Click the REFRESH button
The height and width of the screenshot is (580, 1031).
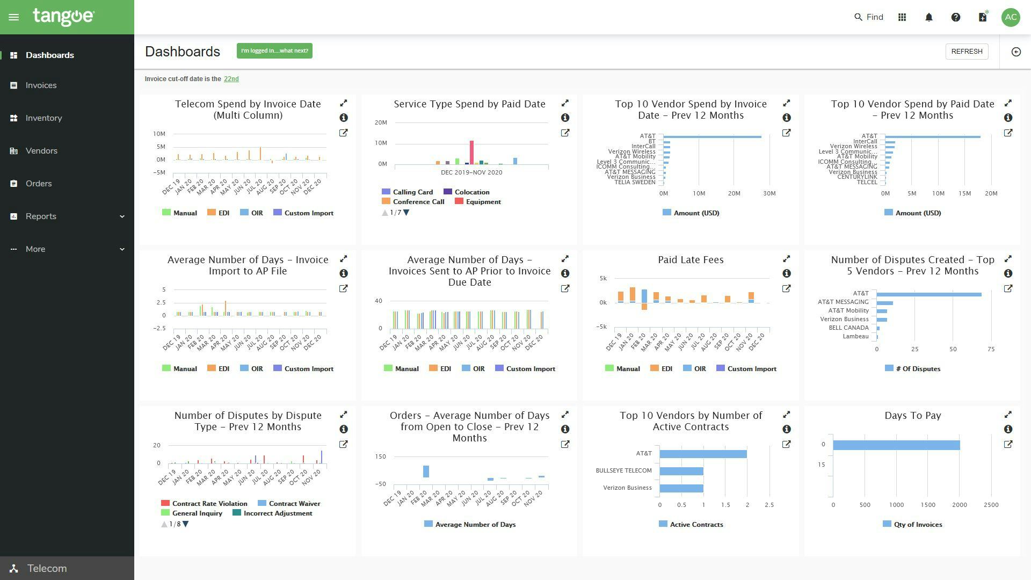coord(967,52)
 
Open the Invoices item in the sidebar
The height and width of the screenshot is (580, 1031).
coord(41,85)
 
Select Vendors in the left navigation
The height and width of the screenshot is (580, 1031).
coord(41,151)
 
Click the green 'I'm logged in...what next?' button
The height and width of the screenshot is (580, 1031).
coord(274,51)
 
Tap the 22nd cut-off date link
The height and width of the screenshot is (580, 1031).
coord(231,79)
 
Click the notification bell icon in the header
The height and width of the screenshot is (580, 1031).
coord(929,17)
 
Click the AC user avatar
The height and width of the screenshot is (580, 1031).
coord(1011,17)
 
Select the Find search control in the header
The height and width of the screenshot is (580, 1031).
coord(869,17)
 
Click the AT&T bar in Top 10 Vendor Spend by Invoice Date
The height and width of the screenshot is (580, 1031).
coord(712,137)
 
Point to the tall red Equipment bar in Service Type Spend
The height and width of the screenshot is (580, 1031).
coord(471,152)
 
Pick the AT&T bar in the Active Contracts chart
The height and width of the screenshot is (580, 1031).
coord(703,454)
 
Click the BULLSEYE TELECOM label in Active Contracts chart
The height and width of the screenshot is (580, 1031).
coord(623,471)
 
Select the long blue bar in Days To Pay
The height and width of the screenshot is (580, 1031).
coord(896,445)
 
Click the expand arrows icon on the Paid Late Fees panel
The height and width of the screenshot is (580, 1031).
coord(786,259)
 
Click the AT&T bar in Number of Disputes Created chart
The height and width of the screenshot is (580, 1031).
coord(929,294)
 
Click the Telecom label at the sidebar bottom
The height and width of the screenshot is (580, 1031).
coord(47,568)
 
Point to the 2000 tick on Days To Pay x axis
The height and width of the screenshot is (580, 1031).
coord(959,505)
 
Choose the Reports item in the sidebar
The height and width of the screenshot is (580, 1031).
coord(41,216)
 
